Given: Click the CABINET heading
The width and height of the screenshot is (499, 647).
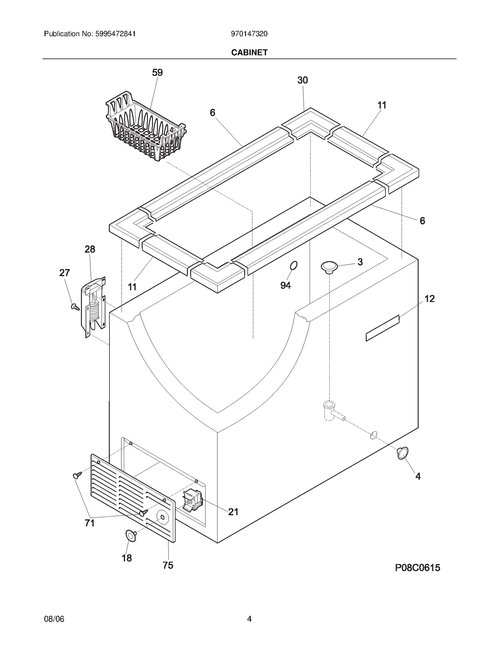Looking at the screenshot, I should pyautogui.click(x=249, y=52).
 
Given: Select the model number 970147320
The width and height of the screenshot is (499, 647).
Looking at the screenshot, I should pyautogui.click(x=249, y=34).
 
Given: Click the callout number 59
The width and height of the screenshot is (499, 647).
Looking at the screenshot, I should pyautogui.click(x=157, y=72).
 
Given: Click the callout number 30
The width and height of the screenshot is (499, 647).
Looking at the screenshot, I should pyautogui.click(x=303, y=80).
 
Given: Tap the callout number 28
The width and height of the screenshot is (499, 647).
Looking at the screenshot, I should pyautogui.click(x=90, y=249).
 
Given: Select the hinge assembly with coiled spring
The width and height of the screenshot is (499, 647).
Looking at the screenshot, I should pyautogui.click(x=94, y=306).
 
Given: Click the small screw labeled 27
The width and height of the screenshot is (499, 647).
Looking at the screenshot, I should pyautogui.click(x=75, y=307).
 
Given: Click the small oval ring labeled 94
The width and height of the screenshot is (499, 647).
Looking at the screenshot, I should pyautogui.click(x=293, y=266).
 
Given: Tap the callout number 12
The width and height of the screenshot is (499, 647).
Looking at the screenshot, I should pyautogui.click(x=429, y=299).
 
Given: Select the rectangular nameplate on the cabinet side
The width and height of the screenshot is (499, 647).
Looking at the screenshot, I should pyautogui.click(x=382, y=328).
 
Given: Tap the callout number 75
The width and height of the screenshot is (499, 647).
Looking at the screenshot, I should pyautogui.click(x=168, y=565).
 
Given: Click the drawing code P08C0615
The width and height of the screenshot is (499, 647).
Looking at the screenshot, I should pyautogui.click(x=418, y=568).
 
